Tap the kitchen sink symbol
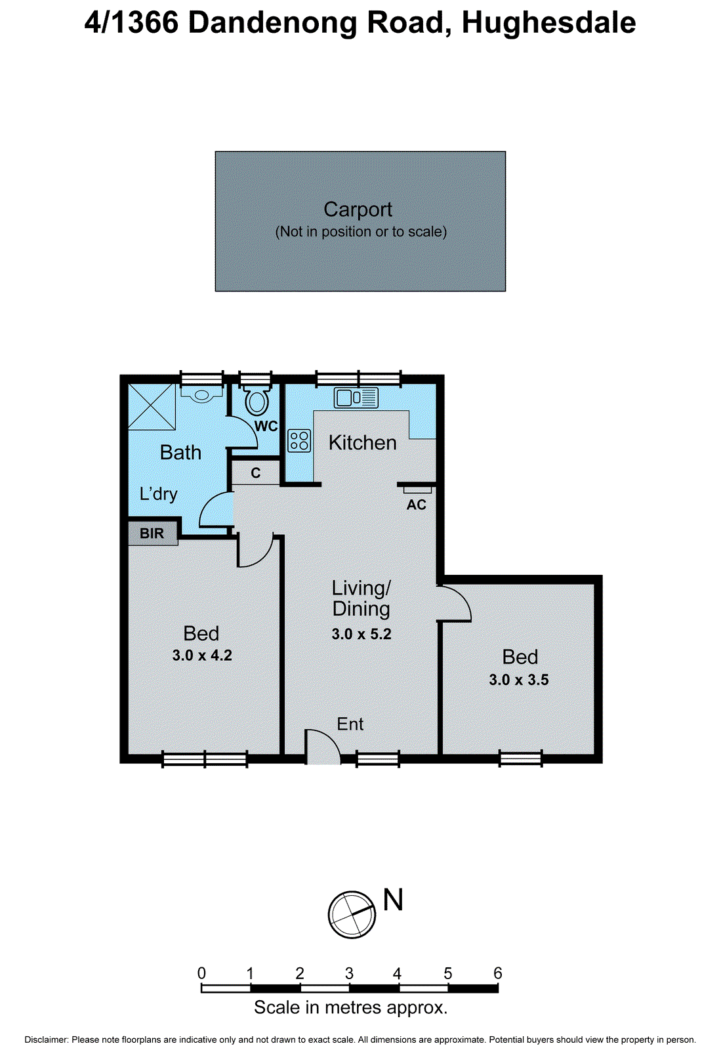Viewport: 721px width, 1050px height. (356, 398)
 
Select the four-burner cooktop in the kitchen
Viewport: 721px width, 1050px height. (299, 440)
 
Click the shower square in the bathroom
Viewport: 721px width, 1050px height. (152, 407)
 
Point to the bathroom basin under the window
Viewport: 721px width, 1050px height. (201, 395)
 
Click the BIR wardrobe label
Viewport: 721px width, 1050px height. (152, 533)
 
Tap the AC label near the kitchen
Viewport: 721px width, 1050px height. (417, 505)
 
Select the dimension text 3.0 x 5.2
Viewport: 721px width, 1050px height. (361, 634)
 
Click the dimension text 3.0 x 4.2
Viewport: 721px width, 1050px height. (202, 655)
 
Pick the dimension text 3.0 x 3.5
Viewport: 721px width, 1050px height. (519, 680)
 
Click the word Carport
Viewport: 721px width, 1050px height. (358, 209)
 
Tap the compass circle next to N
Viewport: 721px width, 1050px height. (352, 915)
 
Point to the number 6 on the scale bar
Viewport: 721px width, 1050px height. (497, 973)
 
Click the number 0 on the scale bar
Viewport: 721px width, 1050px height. (201, 973)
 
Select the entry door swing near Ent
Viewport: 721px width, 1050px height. (323, 747)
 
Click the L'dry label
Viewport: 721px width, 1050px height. (159, 493)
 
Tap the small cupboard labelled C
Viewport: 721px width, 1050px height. (256, 473)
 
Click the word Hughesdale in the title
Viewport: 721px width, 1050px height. (548, 23)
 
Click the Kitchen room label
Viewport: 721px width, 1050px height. (363, 443)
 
